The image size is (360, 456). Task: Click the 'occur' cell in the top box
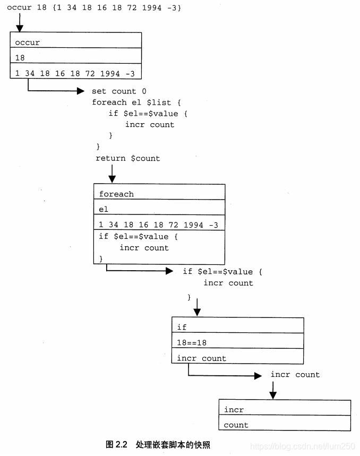(75, 41)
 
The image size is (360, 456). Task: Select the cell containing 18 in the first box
(75, 57)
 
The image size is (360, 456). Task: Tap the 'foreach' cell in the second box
(159, 193)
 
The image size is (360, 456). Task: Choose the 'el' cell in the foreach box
(159, 209)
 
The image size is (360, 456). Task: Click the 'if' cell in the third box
(237, 326)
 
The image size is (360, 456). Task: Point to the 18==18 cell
(237, 342)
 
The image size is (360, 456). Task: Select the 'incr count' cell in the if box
(237, 357)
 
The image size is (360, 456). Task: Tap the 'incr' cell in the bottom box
(285, 409)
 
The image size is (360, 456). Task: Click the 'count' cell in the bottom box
(285, 424)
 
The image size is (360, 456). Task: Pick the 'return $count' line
(127, 158)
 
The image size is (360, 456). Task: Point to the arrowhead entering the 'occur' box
(20, 28)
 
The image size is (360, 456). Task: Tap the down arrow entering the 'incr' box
(273, 394)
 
